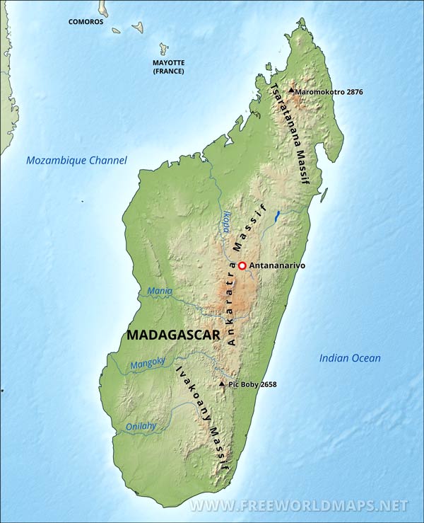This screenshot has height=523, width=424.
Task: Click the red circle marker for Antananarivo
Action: click(x=242, y=265)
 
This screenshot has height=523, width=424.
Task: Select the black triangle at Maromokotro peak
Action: click(x=290, y=91)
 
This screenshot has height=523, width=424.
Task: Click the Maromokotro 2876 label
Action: click(x=319, y=92)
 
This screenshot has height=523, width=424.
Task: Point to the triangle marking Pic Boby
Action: click(x=223, y=384)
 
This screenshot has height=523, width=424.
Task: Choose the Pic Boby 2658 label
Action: click(x=252, y=384)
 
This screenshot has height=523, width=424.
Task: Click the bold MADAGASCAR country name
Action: click(x=174, y=335)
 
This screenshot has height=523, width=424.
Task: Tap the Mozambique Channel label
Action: click(x=76, y=161)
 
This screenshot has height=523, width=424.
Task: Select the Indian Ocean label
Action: click(x=350, y=358)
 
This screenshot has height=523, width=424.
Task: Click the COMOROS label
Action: click(x=86, y=22)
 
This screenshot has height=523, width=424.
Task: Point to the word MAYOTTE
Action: click(x=169, y=62)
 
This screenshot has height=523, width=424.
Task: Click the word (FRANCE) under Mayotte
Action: click(x=169, y=71)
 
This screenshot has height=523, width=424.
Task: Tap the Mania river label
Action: click(x=160, y=291)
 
